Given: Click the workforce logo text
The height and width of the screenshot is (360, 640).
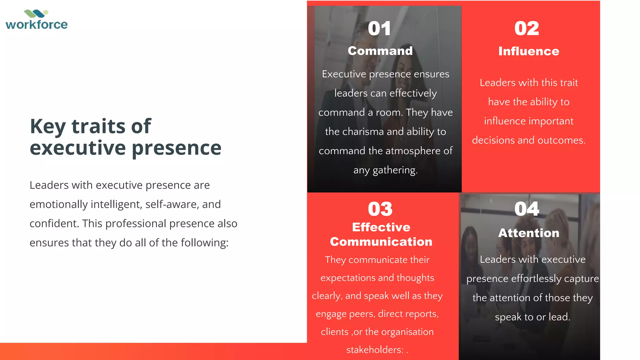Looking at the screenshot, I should pos(37,25).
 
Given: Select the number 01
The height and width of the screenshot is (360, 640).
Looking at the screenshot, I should pos(379,28).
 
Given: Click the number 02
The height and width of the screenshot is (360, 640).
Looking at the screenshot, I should pos(527,28).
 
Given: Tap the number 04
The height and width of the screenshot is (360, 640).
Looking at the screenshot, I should pos(527,209).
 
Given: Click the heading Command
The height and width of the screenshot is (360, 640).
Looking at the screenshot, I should pos(380,51).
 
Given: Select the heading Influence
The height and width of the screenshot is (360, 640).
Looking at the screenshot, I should pos(529,51).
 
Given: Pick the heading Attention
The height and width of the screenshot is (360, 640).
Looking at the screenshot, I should pos(529,233).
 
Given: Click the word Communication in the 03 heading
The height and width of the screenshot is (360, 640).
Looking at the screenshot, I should pos(381,242).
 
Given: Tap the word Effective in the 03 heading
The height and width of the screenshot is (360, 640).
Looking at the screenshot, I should pos(381,227).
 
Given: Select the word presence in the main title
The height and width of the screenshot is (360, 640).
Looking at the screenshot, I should pos(177,148).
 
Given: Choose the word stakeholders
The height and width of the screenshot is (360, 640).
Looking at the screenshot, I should pos(374,350).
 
